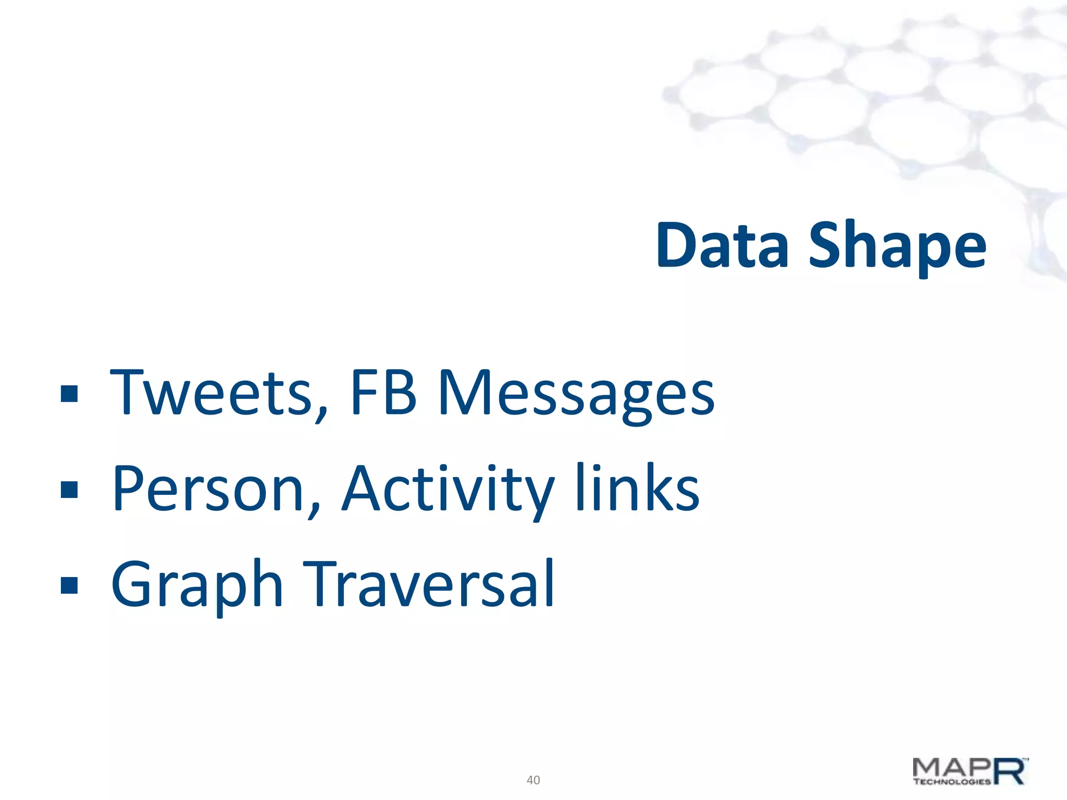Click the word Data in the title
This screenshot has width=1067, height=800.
[722, 245]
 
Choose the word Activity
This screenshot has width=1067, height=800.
[448, 490]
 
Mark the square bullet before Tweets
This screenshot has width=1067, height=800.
[69, 394]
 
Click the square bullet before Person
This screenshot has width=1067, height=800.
[69, 490]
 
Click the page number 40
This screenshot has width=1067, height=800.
[533, 780]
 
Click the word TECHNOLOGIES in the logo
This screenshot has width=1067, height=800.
[951, 781]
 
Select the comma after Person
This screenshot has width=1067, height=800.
[314, 508]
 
